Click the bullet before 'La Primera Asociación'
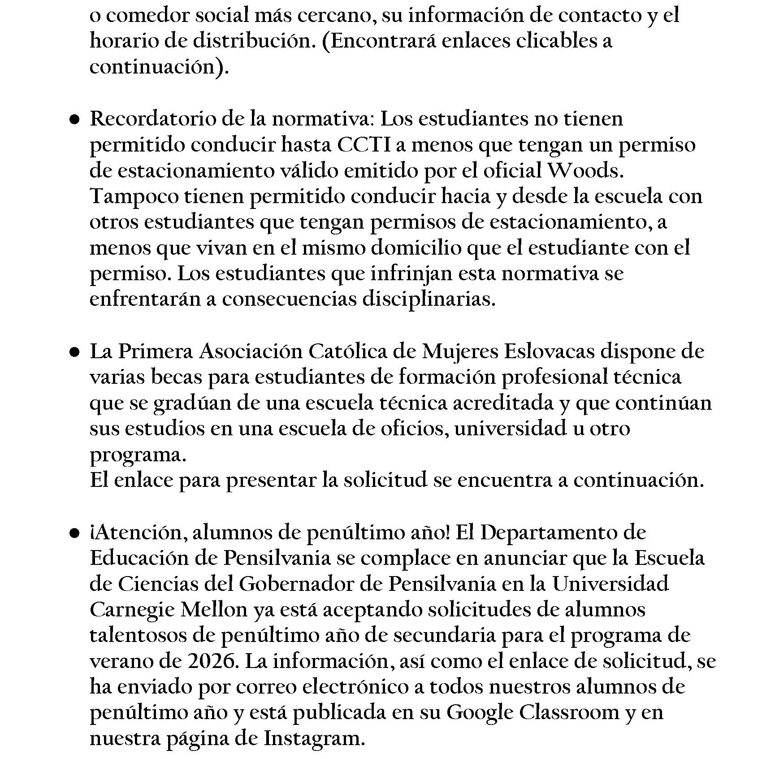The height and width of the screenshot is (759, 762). coord(74,352)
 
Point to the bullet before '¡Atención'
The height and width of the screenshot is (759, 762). coord(74,533)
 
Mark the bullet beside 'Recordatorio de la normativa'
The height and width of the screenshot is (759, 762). coord(74,120)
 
